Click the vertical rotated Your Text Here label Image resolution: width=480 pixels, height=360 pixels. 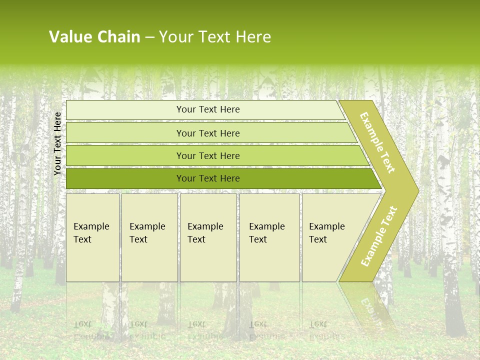[57, 143]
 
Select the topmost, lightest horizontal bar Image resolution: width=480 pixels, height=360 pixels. [208, 109]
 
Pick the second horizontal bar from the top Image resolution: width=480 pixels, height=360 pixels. [208, 133]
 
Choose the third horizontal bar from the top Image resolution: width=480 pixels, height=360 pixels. [208, 155]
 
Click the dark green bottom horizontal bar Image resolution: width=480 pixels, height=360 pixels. [208, 178]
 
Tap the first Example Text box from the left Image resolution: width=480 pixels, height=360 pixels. [92, 237]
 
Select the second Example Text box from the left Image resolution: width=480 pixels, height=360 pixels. [149, 237]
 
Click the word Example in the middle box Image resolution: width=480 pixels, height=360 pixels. [205, 226]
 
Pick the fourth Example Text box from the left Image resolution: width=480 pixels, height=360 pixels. [269, 237]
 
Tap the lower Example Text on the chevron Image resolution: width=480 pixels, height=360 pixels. [379, 236]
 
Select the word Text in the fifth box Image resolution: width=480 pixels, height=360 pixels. [317, 239]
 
